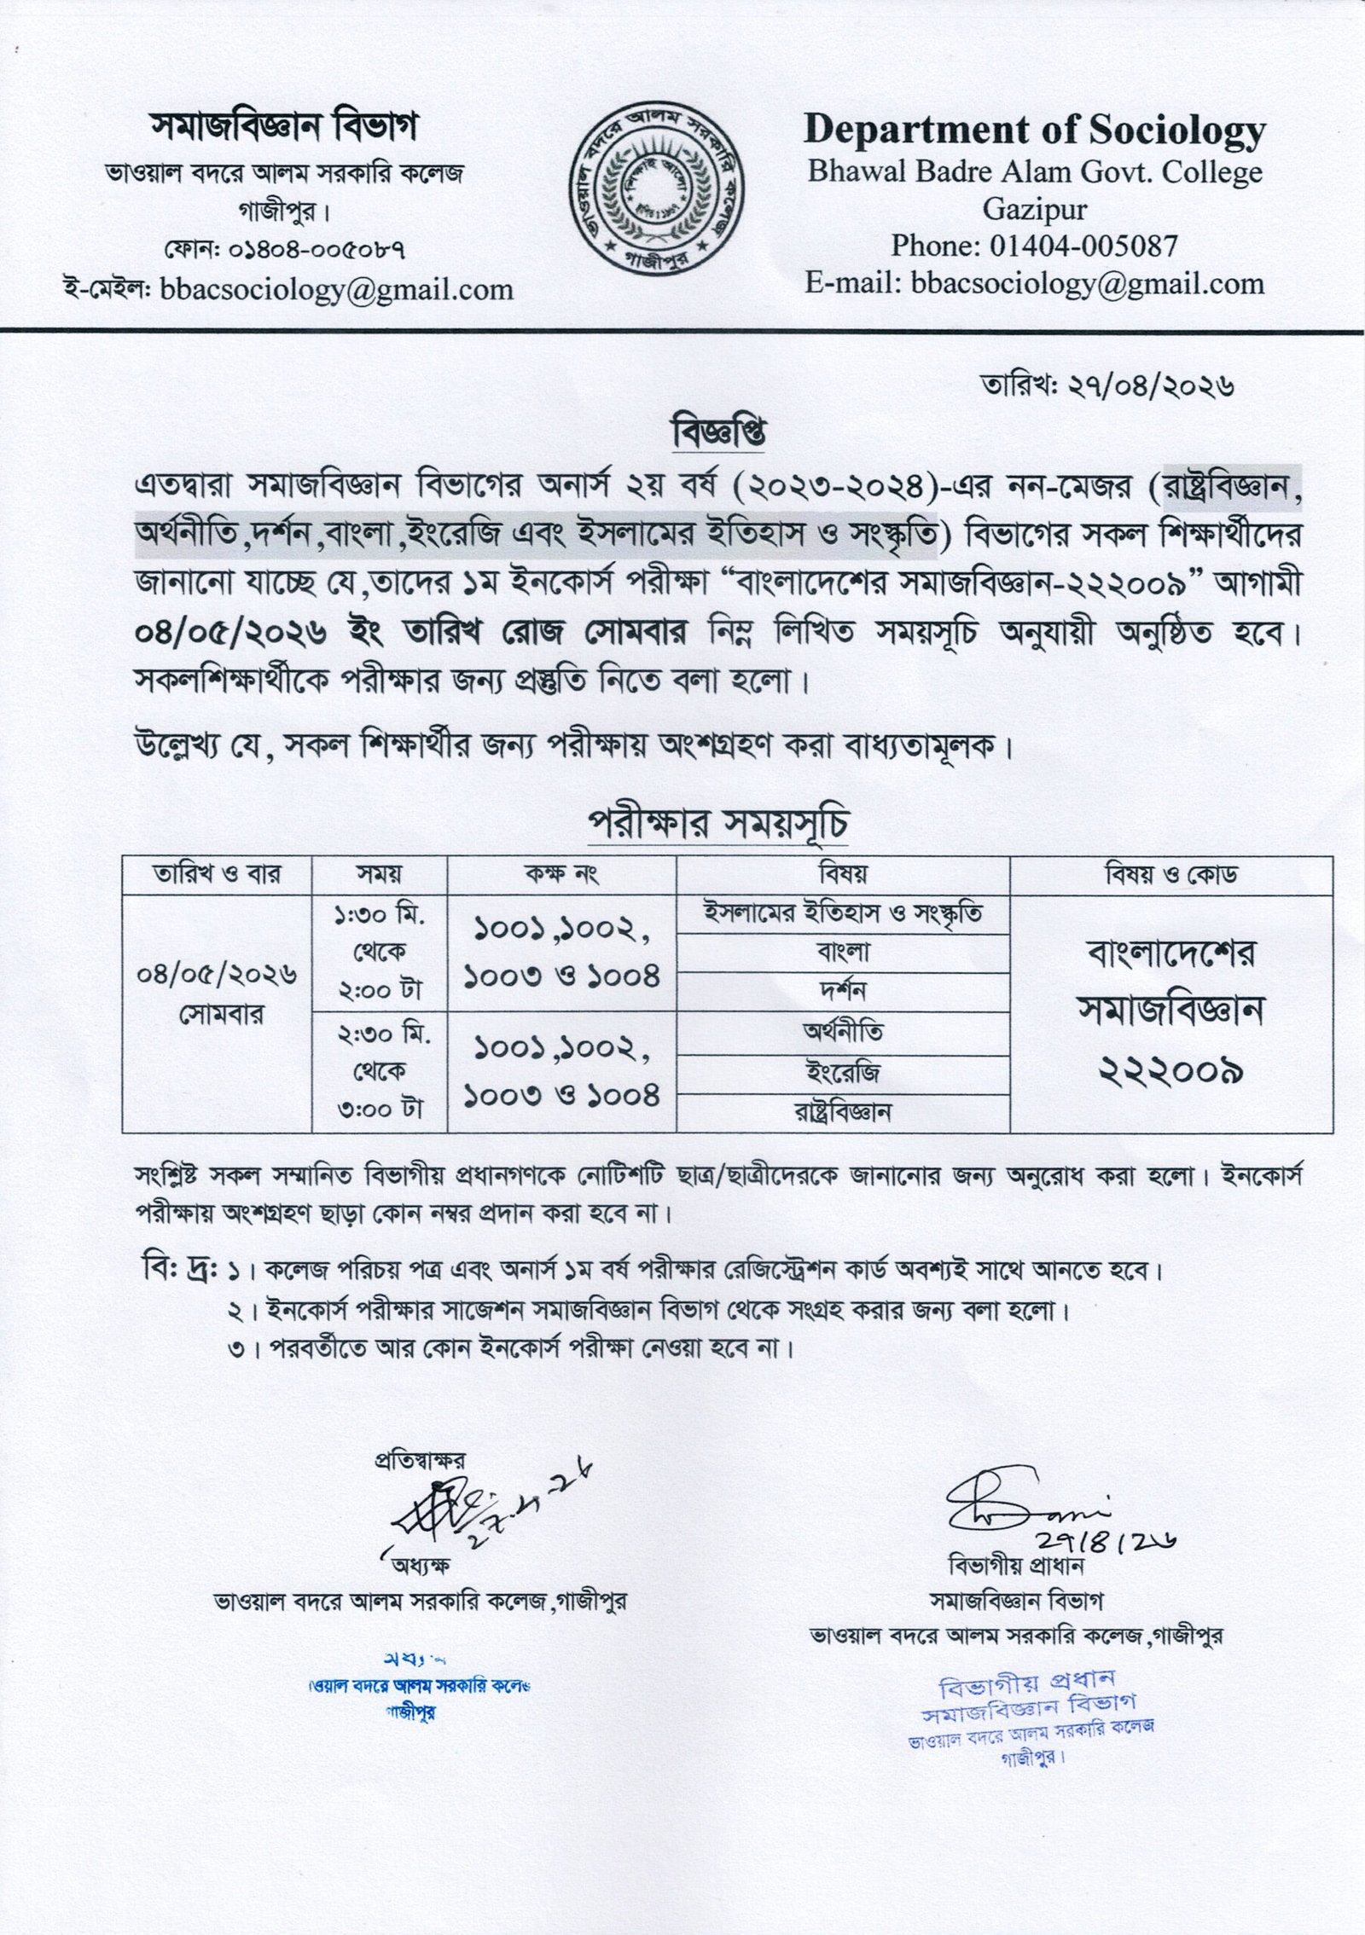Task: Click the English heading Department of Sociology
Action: pos(1034,130)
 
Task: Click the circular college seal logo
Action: pos(657,188)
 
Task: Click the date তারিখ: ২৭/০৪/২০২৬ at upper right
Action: pos(1107,386)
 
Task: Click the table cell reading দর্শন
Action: pos(842,991)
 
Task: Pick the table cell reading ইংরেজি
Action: pos(842,1071)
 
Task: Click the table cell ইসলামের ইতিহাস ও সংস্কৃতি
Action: pos(842,913)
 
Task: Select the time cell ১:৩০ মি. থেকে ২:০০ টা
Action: pos(380,953)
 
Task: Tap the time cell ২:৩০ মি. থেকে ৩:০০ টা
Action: pos(380,1072)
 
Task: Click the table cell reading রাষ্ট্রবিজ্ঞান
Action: pos(842,1112)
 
